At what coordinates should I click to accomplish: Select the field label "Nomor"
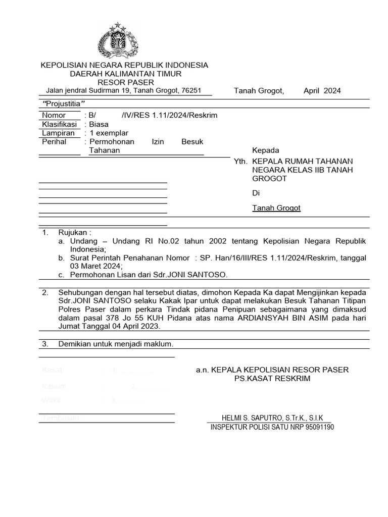click(x=54, y=115)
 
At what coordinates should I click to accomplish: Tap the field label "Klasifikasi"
click(x=59, y=124)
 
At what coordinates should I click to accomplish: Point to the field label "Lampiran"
click(x=58, y=133)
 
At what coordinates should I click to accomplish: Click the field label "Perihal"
click(x=54, y=142)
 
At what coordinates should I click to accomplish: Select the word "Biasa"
click(x=99, y=124)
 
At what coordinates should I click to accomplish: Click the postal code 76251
click(x=191, y=90)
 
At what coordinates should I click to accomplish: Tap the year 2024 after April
click(x=331, y=91)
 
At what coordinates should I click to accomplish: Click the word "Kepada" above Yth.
click(x=266, y=150)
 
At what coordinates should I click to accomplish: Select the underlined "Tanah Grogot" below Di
click(x=276, y=208)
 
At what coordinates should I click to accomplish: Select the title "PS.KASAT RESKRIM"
click(x=272, y=379)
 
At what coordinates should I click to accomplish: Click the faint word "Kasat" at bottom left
click(x=52, y=370)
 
